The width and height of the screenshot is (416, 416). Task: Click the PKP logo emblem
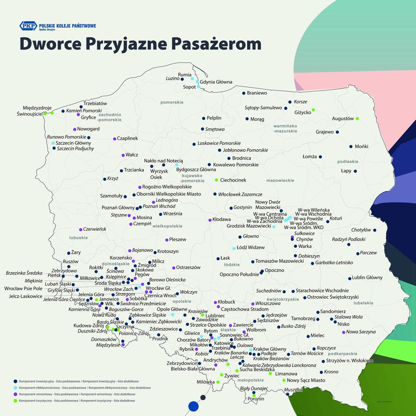(28, 26)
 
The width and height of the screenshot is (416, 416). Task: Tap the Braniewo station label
(257, 93)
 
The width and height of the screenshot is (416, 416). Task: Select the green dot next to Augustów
(357, 119)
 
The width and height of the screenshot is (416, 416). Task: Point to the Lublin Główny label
(367, 278)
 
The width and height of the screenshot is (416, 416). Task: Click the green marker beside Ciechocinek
(217, 180)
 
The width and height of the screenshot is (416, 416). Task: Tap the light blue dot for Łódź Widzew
(234, 248)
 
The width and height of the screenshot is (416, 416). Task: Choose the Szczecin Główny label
(73, 143)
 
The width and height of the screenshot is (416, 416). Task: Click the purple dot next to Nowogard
(75, 129)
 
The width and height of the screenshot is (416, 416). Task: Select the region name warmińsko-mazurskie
(285, 129)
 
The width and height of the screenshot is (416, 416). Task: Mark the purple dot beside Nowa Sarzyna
(343, 332)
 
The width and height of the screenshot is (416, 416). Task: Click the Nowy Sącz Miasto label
(306, 380)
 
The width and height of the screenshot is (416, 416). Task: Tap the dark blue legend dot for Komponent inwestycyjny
(15, 381)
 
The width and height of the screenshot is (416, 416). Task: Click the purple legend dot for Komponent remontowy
(15, 394)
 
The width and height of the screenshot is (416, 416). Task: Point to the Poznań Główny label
(118, 208)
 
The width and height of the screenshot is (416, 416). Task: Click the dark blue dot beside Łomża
(320, 157)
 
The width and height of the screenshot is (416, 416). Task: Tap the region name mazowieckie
(280, 181)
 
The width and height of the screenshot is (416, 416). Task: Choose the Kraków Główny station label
(270, 349)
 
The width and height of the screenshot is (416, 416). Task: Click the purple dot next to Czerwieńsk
(81, 230)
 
